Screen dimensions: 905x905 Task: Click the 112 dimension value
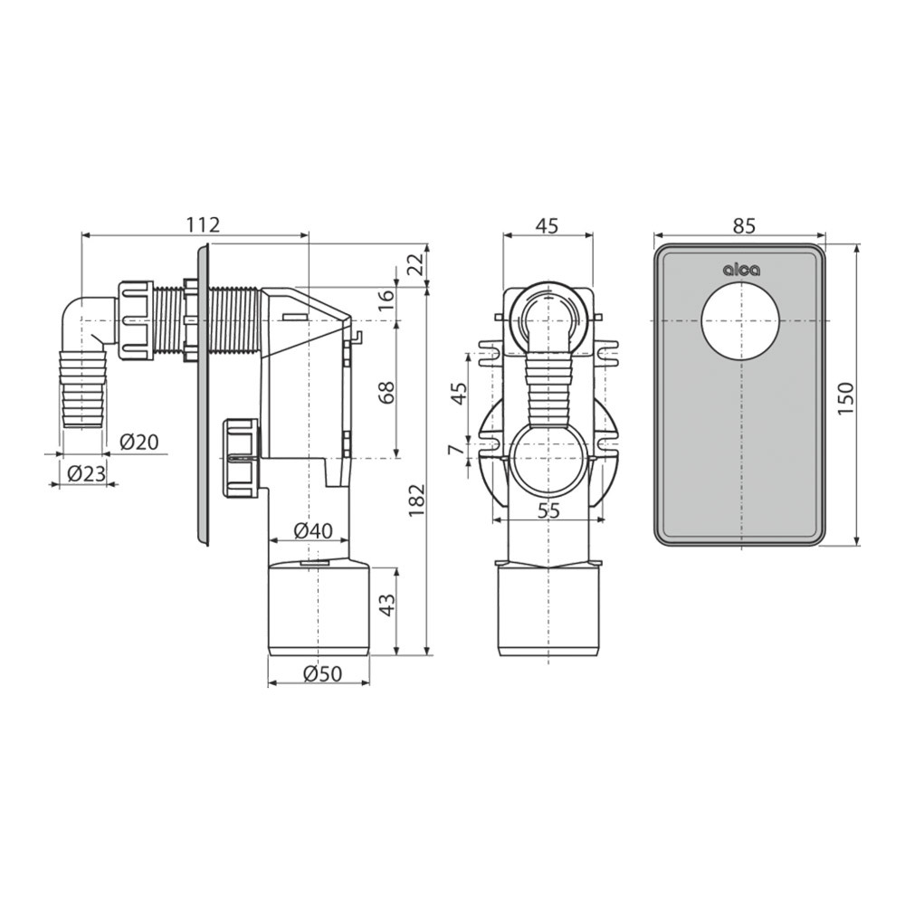point(204,224)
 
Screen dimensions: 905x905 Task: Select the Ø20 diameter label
point(139,443)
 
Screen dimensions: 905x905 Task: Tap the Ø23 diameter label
point(87,474)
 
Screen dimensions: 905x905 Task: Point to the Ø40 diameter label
point(313,529)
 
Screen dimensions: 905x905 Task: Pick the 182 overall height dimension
point(416,500)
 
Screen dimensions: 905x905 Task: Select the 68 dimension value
point(387,393)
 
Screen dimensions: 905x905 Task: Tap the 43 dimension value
point(387,605)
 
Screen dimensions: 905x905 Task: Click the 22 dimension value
point(416,264)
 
